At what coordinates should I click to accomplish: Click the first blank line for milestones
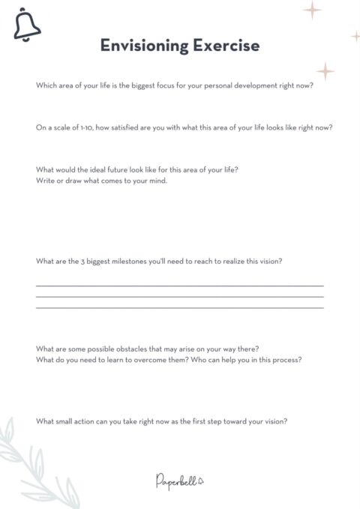click(180, 286)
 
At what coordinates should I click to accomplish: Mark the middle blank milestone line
click(180, 296)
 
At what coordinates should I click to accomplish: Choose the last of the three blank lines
click(180, 307)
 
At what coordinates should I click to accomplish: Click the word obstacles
click(119, 349)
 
